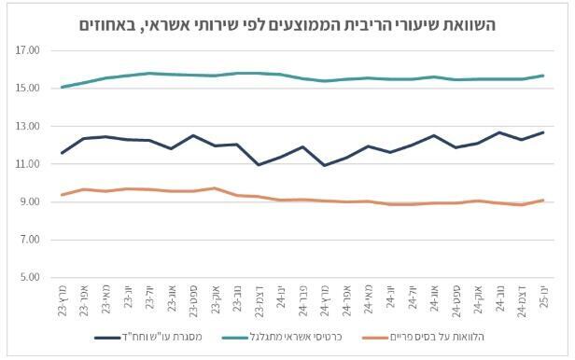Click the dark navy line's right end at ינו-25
tap(542, 132)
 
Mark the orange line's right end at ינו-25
tap(542, 200)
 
